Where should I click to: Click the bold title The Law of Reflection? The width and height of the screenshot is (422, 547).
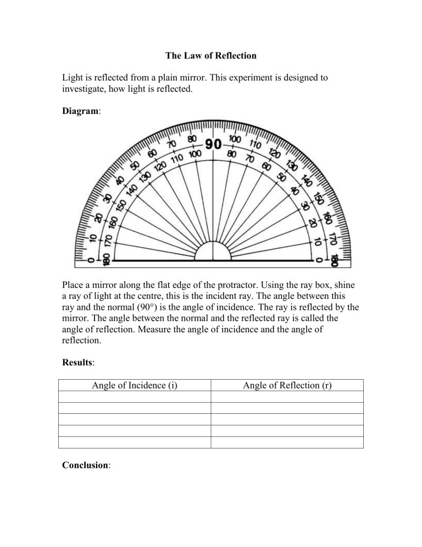click(211, 56)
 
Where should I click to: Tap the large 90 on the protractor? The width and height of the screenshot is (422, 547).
click(213, 145)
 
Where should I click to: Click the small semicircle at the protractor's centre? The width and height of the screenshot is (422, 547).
click(213, 251)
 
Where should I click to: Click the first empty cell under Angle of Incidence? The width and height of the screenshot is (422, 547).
click(134, 397)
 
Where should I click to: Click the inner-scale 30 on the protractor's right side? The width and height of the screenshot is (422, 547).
click(306, 206)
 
